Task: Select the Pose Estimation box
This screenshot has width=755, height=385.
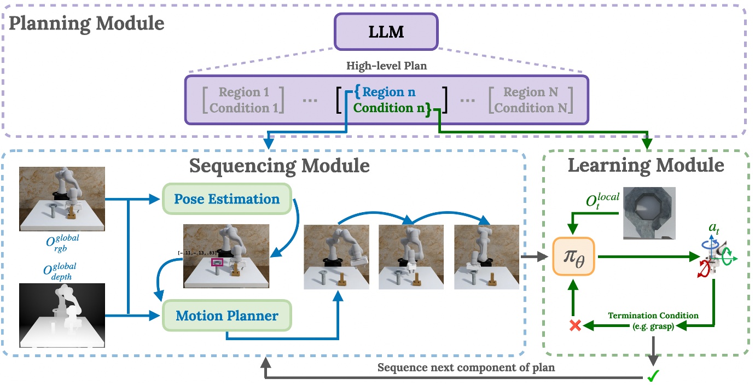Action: [227, 199]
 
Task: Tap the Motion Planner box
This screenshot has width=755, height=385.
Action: [227, 316]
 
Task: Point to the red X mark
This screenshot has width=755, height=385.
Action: [574, 325]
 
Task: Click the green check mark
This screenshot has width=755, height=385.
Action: [653, 375]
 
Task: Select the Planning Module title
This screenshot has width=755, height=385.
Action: [86, 24]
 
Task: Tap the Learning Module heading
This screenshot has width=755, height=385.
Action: [646, 165]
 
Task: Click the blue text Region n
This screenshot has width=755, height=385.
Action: [388, 92]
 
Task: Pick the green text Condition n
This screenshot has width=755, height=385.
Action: [390, 108]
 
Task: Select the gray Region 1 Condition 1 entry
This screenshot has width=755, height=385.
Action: [243, 100]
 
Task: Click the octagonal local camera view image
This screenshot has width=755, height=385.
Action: [648, 213]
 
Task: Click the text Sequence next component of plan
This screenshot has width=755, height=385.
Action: [466, 367]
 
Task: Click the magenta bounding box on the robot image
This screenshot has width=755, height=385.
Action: [217, 263]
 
